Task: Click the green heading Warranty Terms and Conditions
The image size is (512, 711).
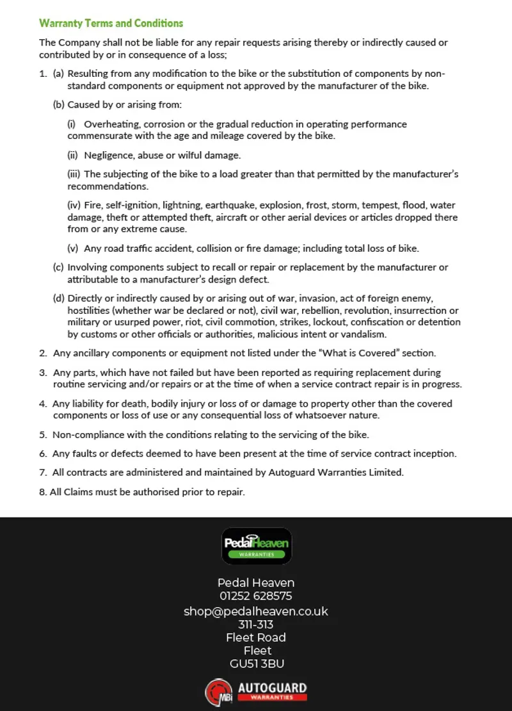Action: click(111, 23)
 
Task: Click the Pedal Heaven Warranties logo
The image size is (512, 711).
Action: click(257, 546)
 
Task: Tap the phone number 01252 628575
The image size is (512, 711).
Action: click(256, 596)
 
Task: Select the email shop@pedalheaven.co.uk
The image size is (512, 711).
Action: click(256, 611)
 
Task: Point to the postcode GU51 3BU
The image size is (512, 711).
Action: click(257, 664)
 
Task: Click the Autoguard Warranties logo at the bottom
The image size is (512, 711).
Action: click(256, 692)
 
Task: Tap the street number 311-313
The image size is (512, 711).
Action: click(256, 625)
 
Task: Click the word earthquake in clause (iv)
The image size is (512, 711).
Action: click(234, 206)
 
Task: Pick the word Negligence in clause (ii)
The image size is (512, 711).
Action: click(109, 155)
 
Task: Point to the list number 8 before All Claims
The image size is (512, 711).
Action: click(42, 493)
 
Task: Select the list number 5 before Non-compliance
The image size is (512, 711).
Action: click(42, 435)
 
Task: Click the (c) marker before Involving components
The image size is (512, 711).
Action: click(58, 267)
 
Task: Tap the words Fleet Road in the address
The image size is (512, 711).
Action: click(256, 637)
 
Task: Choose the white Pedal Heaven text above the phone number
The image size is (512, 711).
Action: click(256, 583)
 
